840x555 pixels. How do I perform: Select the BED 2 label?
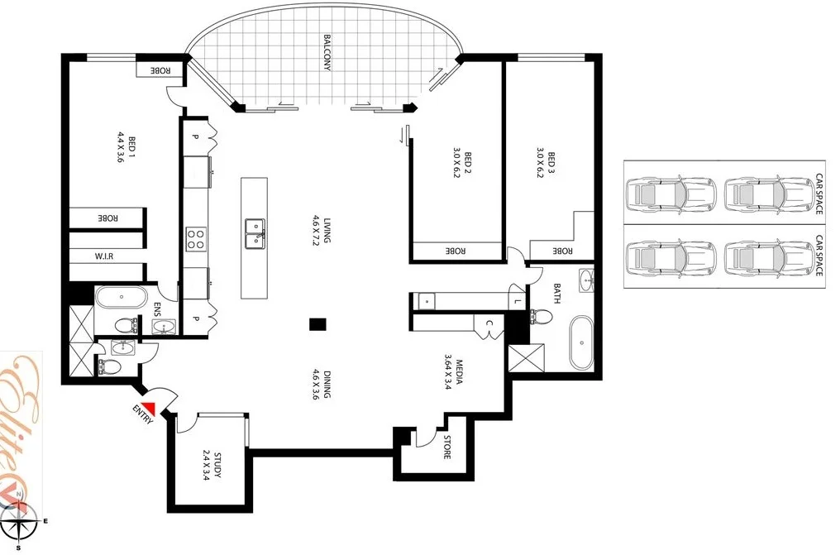pos(467,165)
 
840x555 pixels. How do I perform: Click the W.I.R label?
pos(103,256)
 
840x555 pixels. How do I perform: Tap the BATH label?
pos(556,294)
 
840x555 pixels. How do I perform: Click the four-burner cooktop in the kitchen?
pos(196,239)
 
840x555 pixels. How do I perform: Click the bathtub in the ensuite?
pos(121,296)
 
